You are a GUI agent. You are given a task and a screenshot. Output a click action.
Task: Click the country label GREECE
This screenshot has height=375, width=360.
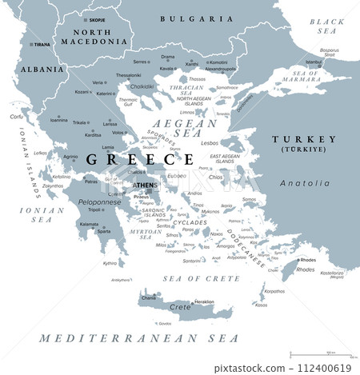tap(122, 159)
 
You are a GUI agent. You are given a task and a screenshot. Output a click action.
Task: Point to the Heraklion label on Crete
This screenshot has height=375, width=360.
tap(204, 301)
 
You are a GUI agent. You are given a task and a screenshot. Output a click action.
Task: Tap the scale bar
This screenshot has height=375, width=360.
tap(319, 354)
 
